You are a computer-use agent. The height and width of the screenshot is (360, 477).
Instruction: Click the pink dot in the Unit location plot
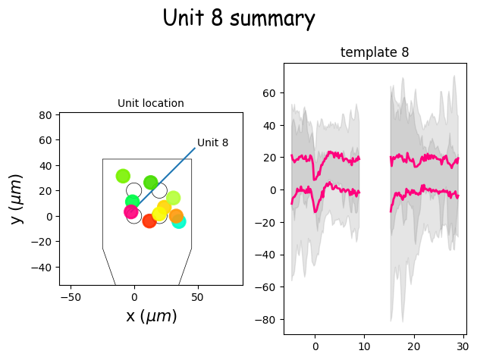click(131, 211)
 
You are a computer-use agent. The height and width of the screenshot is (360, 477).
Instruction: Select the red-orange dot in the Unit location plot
click(149, 221)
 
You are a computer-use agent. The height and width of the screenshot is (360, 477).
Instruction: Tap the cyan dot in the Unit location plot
click(178, 221)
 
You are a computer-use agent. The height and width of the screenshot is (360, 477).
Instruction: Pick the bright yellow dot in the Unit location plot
click(159, 214)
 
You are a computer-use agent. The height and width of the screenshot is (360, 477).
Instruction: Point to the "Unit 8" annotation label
click(212, 142)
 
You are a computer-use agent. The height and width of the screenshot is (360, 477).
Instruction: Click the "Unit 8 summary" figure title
click(239, 18)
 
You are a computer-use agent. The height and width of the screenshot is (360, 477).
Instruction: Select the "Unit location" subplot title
click(150, 103)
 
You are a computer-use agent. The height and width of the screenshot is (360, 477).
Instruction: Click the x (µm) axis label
click(151, 316)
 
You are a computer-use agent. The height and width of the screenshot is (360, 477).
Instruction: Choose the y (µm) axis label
click(17, 199)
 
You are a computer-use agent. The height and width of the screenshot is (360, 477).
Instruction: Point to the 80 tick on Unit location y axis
click(45, 115)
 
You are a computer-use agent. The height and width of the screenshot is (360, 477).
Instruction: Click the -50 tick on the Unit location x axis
click(71, 297)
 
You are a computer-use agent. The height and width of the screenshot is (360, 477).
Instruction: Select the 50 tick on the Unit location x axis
click(197, 297)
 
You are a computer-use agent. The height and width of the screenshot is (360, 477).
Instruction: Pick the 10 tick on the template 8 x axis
click(365, 346)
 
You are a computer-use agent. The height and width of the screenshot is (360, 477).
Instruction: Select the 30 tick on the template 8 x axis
click(463, 346)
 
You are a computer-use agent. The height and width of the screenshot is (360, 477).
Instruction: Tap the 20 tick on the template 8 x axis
click(414, 346)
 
